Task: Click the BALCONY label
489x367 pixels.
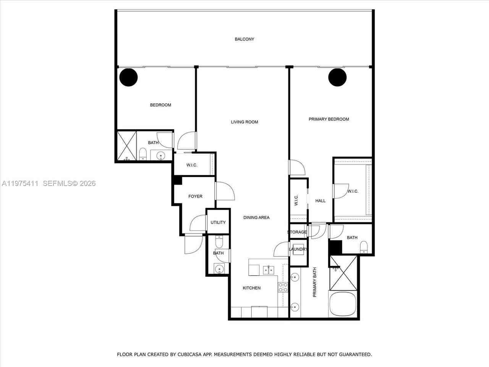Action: click(244, 39)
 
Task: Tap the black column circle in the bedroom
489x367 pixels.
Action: click(128, 77)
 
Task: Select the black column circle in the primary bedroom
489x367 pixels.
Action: click(337, 77)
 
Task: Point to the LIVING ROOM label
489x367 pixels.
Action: click(244, 122)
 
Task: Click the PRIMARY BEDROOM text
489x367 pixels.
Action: click(329, 119)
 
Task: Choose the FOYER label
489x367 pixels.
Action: click(195, 196)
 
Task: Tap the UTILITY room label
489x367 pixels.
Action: click(218, 222)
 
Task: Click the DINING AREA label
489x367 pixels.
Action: click(256, 218)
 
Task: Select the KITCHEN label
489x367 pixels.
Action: click(252, 288)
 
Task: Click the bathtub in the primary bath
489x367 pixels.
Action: click(343, 304)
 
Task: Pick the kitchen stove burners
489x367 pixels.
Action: click(283, 287)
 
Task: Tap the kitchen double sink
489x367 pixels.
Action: click(268, 270)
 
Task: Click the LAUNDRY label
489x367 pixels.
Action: click(298, 249)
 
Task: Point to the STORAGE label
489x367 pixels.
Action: click(297, 232)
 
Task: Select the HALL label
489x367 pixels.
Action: click(321, 201)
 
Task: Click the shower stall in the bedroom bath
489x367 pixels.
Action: click(126, 146)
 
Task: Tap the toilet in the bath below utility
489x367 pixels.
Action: click(219, 242)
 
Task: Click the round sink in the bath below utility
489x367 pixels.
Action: click(219, 269)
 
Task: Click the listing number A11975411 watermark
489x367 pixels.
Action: click(20, 183)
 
